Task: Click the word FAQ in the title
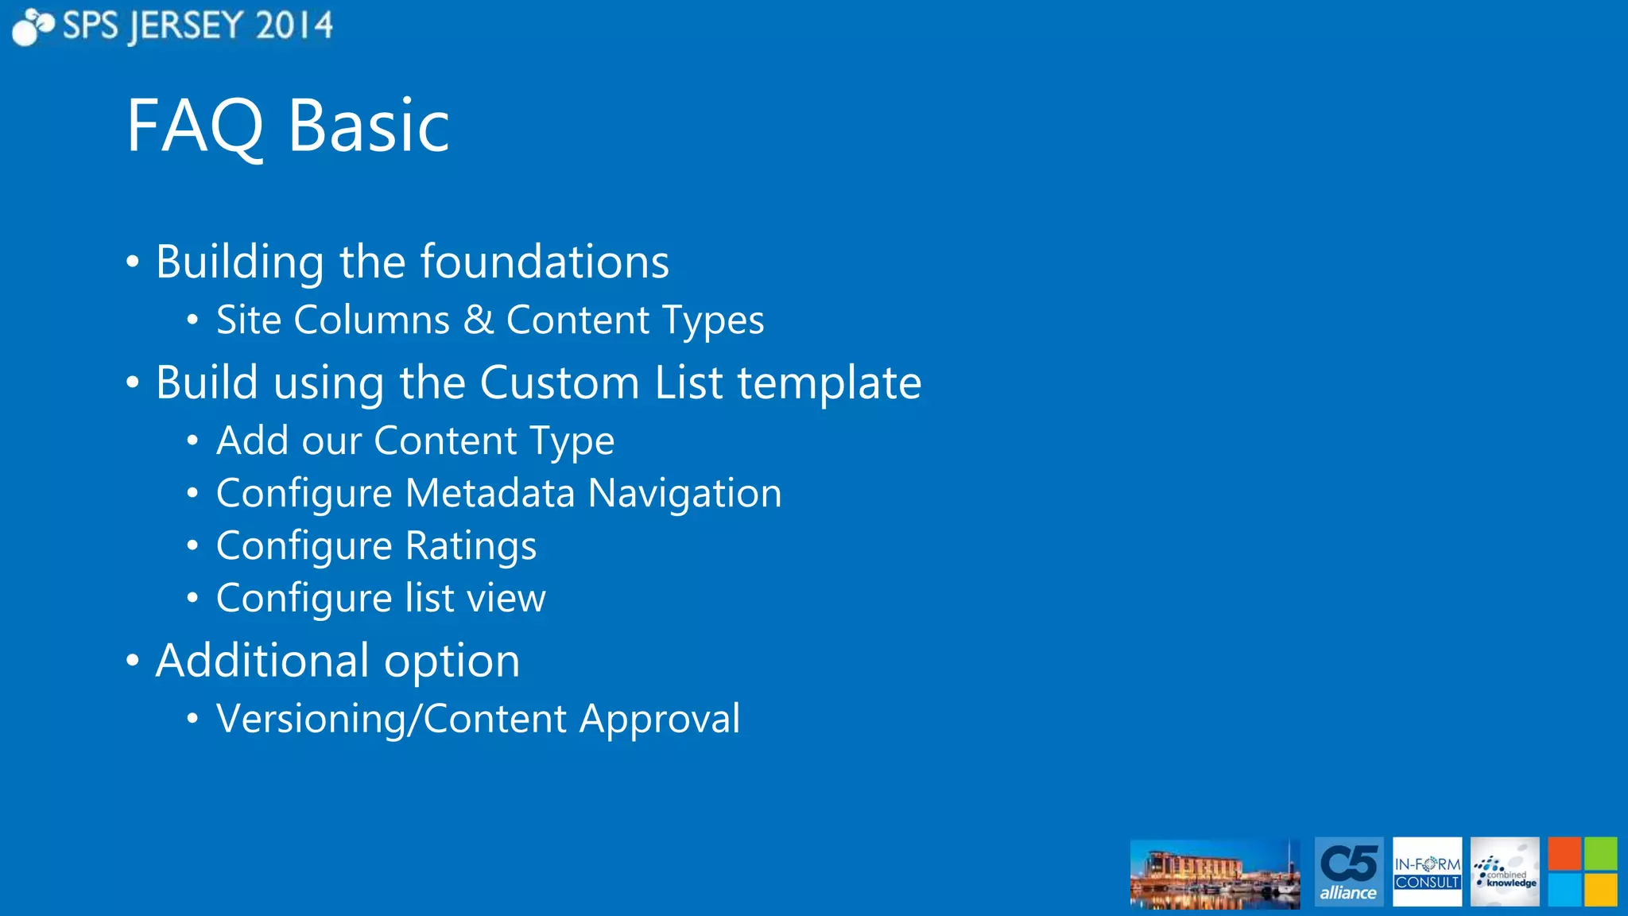(195, 127)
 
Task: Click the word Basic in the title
(369, 127)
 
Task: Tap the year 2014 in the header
(294, 26)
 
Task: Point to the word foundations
(545, 262)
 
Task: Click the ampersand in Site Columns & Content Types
(478, 320)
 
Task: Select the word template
(829, 383)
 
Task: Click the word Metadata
(490, 493)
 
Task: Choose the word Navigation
(684, 493)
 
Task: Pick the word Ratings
(471, 546)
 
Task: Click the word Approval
(660, 720)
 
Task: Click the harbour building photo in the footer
(1215, 873)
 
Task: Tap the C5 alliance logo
(1348, 872)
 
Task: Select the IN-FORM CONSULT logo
(1427, 872)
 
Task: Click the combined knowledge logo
(1504, 872)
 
